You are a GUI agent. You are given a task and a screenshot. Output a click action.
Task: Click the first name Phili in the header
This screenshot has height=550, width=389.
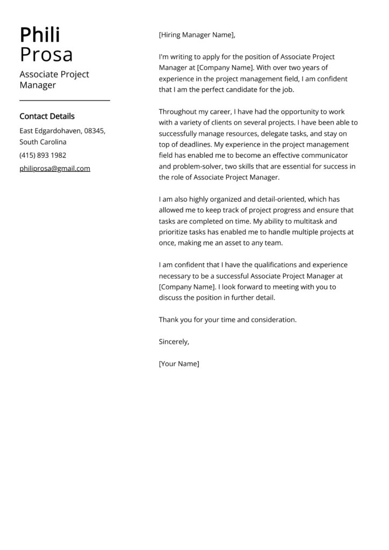tap(40, 35)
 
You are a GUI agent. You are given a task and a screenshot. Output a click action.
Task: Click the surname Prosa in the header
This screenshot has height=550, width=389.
tap(46, 55)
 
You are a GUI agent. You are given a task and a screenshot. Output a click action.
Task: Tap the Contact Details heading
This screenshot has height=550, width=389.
tap(47, 116)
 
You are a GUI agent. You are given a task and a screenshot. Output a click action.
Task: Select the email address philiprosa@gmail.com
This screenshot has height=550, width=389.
tap(55, 168)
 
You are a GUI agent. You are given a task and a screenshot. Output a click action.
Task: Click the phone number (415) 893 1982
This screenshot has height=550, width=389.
tap(43, 155)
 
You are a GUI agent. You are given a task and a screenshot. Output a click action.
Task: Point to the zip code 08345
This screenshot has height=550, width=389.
tap(95, 131)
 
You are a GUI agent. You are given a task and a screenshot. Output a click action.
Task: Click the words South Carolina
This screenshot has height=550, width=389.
tap(43, 142)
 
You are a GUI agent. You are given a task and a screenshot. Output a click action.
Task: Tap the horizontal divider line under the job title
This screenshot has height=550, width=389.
tap(64, 100)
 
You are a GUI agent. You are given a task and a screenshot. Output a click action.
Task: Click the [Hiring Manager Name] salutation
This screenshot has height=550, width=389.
tap(197, 35)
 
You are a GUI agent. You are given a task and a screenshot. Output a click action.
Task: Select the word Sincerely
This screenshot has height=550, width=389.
tap(174, 342)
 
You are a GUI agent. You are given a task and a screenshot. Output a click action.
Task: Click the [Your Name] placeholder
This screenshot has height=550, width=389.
tap(179, 364)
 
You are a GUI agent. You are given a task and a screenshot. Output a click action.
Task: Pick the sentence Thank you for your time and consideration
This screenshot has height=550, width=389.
tap(227, 320)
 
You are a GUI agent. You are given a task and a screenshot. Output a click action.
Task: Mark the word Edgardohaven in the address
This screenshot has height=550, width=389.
tap(59, 131)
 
